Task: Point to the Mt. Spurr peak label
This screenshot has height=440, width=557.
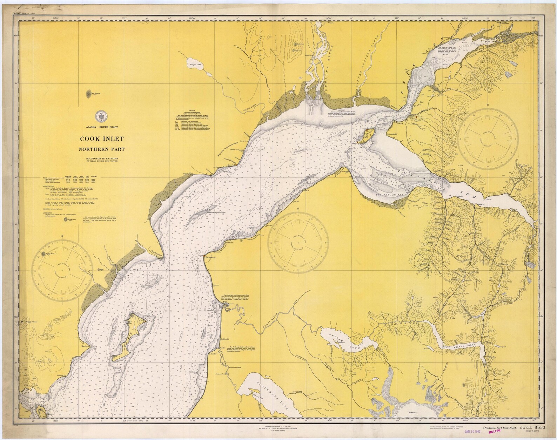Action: coord(96,94)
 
